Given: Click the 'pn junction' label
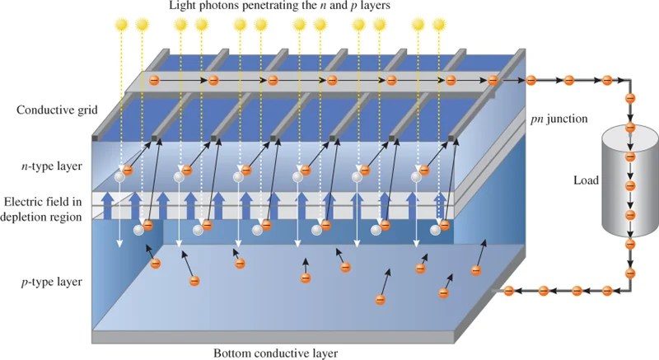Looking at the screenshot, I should coord(559,119).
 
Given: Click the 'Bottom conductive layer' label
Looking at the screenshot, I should coord(275,352).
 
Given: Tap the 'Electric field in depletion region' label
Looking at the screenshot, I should coord(43,209).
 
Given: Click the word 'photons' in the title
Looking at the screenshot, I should coord(229,7).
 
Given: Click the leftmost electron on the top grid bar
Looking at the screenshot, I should coord(153,80).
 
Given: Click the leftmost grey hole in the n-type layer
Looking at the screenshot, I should coord(120,175).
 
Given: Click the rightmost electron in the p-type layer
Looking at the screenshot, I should coord(474,269).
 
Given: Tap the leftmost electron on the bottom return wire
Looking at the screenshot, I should coord(508,290).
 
